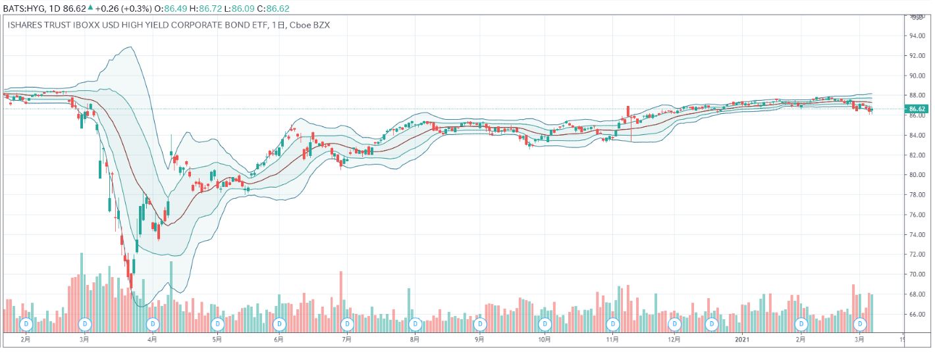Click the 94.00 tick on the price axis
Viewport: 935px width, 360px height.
[x=917, y=36]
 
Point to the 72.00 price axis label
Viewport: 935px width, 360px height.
[x=917, y=254]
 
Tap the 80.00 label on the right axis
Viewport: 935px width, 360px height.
[x=917, y=175]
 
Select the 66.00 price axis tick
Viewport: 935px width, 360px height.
[x=917, y=314]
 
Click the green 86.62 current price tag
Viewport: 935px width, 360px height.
[x=917, y=109]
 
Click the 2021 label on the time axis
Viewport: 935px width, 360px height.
[x=742, y=340]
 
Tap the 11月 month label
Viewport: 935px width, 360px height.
[x=612, y=340]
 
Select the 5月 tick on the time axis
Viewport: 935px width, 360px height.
[x=217, y=340]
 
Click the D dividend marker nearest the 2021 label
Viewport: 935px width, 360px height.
[x=711, y=324]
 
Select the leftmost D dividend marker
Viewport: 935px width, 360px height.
[x=26, y=324]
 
